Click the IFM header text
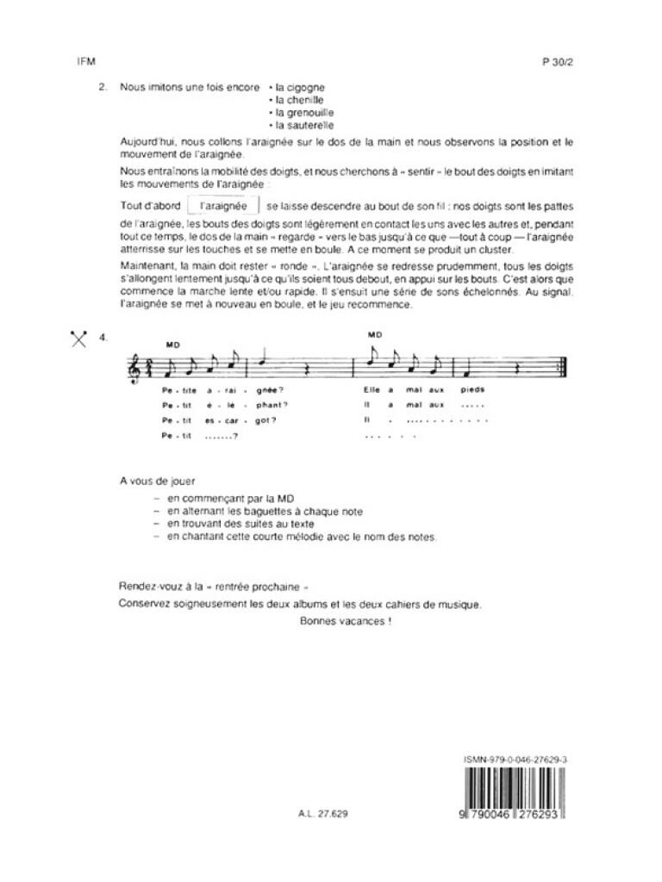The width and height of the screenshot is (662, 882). click(x=84, y=62)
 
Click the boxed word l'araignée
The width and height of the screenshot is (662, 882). click(x=222, y=207)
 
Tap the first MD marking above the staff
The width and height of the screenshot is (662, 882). click(x=172, y=345)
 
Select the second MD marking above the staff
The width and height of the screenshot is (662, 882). click(x=374, y=334)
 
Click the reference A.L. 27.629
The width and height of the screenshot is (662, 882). click(x=324, y=813)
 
